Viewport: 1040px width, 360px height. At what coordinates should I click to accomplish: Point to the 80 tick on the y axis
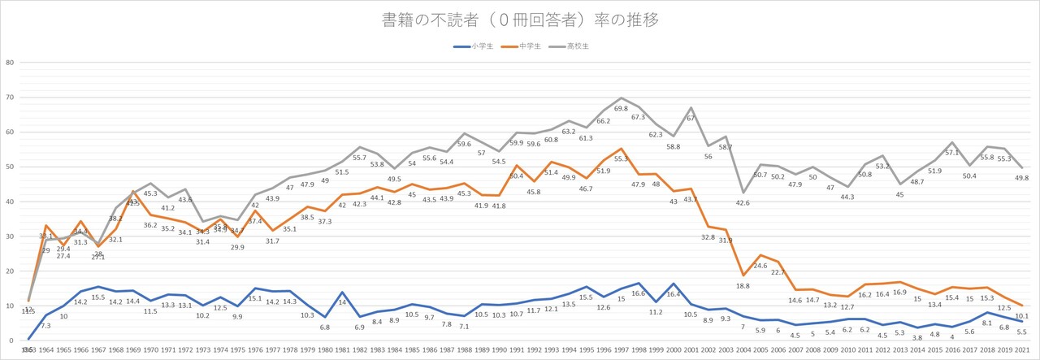(x=9, y=63)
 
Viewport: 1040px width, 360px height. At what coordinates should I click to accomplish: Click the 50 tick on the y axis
(x=9, y=167)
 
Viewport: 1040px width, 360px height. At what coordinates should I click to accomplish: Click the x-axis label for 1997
(x=622, y=350)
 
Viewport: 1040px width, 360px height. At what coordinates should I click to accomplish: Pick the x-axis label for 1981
(x=342, y=350)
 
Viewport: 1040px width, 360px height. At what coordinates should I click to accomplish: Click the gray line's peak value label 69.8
(x=622, y=108)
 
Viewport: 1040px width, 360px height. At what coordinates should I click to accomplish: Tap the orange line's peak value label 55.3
(x=622, y=159)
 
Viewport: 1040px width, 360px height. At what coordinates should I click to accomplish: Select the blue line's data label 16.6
(x=639, y=293)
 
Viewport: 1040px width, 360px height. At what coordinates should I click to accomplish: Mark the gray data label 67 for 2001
(x=690, y=118)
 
